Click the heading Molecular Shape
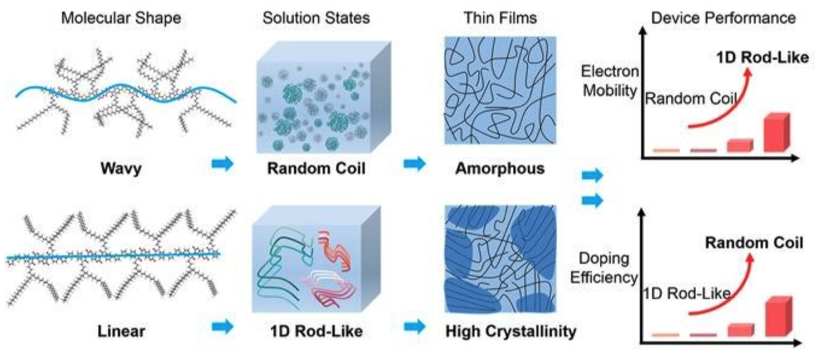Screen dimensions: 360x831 122,18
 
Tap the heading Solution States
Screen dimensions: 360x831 316,18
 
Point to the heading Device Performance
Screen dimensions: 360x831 723,18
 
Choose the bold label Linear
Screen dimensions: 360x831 122,332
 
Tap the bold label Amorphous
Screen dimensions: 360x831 500,168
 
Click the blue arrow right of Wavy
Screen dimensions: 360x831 223,164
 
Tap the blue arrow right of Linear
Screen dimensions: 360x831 223,326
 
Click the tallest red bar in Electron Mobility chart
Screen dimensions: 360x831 775,133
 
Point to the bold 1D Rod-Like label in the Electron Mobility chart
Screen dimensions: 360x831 762,58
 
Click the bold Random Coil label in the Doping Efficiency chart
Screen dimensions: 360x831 754,243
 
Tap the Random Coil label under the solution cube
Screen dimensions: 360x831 316,168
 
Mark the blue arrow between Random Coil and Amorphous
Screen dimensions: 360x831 415,164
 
